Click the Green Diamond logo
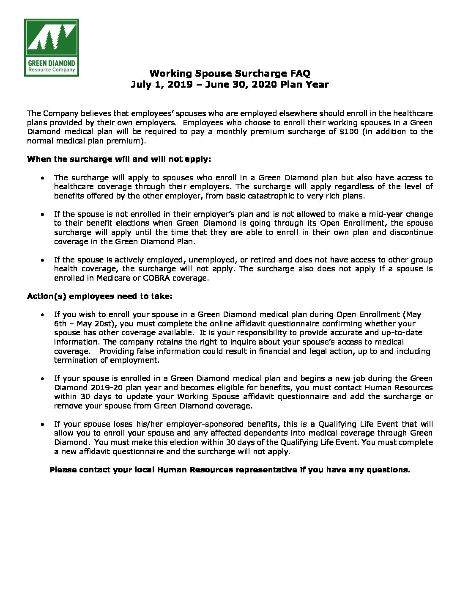click(x=51, y=47)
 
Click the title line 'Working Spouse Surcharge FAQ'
click(x=230, y=74)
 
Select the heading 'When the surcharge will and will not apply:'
click(x=119, y=159)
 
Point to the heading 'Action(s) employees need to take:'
click(x=100, y=296)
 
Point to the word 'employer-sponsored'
click(x=200, y=424)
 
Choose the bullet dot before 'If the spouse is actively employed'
click(x=43, y=260)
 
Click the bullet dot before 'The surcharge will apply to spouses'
click(x=43, y=178)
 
